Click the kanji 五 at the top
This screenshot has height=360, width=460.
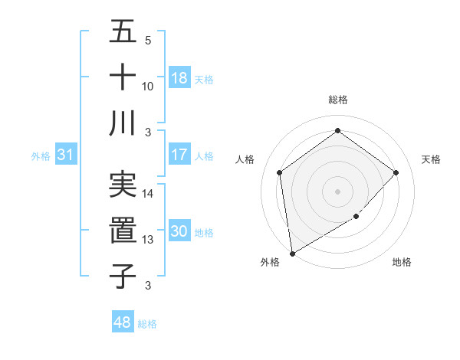pos(123,32)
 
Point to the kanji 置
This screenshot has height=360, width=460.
pos(123,229)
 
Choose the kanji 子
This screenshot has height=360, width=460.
pos(123,275)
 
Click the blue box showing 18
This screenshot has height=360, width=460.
pos(179,78)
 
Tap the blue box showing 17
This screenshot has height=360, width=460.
pos(179,155)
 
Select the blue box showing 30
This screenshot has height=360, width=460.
pos(179,232)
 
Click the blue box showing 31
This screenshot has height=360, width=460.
pos(65,155)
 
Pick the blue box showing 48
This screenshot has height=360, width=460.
pos(123,323)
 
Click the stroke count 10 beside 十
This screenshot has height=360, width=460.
pos(148,87)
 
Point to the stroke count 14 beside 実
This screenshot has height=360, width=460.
pos(148,194)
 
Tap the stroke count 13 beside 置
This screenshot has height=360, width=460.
pos(148,240)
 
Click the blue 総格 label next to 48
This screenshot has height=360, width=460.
pos(147,324)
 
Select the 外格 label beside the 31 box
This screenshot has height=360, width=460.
pos(40,156)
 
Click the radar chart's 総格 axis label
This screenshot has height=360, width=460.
pos(338,100)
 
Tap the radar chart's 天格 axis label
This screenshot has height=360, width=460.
pos(431,159)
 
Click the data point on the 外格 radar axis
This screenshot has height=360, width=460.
pos(291,253)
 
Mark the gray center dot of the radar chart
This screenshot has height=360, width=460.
pos(337,191)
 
